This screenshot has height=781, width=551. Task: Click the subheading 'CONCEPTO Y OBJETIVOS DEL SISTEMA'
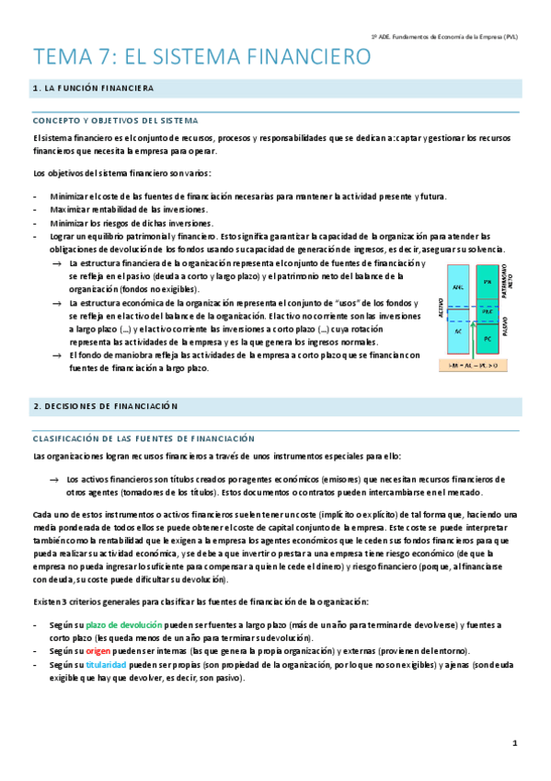click(117, 121)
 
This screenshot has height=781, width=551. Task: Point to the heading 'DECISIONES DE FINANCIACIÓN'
click(111, 405)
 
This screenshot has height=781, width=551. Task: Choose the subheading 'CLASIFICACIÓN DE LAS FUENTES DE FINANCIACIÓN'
click(143, 438)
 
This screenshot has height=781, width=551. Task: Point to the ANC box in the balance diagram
click(456, 288)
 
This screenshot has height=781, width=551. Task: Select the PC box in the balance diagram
click(488, 337)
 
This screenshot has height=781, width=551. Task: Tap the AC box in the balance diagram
click(456, 330)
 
